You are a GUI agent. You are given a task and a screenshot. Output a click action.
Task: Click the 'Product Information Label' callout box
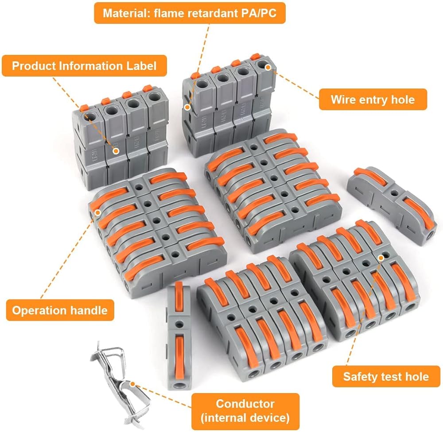84,66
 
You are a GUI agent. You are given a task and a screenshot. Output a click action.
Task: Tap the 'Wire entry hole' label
373,100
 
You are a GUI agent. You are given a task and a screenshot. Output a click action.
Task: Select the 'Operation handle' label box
60,310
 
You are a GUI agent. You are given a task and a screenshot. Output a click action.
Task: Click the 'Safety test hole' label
386,377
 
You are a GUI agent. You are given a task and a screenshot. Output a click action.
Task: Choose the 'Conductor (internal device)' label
245,410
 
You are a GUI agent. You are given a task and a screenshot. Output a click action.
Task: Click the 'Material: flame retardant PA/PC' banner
190,12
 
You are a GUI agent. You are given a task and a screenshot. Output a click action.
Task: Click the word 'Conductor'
245,403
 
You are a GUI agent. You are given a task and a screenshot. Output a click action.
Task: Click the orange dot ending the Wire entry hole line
268,66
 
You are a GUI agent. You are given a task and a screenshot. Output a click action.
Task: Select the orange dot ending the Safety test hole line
381,257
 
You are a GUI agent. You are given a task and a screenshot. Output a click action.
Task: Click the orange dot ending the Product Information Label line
116,150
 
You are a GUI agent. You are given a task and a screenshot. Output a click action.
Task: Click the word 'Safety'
360,377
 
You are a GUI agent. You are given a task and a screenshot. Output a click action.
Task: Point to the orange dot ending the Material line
188,107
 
